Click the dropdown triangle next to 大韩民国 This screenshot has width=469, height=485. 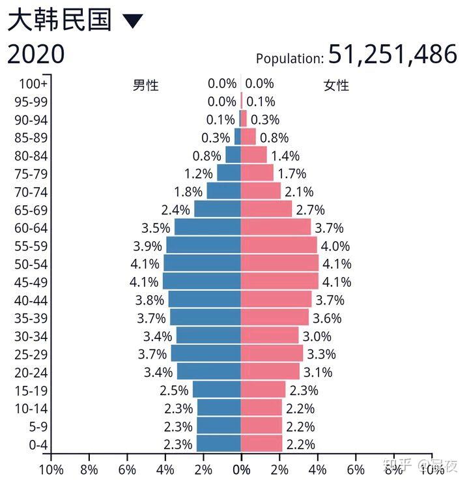coord(132,21)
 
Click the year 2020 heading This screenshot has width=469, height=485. coord(36,54)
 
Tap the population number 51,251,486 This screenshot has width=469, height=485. coord(392,55)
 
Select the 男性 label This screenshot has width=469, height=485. coord(146,85)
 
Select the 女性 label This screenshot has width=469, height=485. coord(336,85)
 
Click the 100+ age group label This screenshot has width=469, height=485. coord(33,83)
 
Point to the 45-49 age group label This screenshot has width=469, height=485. coord(31,282)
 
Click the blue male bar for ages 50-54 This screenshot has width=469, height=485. coord(202,264)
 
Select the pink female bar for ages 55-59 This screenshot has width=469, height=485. coord(279,246)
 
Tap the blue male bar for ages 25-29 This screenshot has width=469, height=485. coord(206,354)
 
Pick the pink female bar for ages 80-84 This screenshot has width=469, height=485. coord(254,155)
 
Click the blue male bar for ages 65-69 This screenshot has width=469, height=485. coord(218,209)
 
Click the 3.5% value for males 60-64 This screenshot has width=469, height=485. coord(156,228)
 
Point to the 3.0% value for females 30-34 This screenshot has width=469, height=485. coord(317,336)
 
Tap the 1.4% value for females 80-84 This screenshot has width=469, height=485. coord(285,156)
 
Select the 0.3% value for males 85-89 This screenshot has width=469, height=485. coord(216,138)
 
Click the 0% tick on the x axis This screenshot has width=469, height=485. coord(241,469)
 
